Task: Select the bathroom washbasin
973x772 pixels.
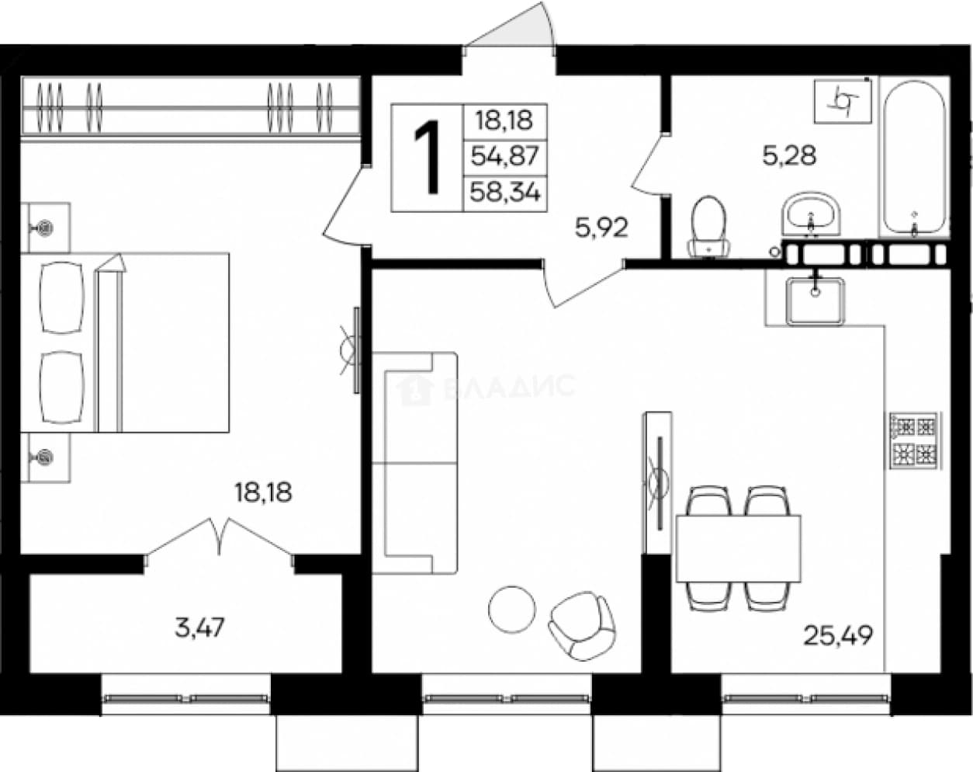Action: pos(811,214)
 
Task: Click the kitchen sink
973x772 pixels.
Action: pos(815,301)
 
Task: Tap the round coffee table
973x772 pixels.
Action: pos(512,609)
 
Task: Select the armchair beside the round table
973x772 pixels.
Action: pos(583,626)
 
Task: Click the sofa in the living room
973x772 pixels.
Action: pos(414,463)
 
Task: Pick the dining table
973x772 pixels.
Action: pos(738,548)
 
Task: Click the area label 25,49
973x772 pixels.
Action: pos(838,636)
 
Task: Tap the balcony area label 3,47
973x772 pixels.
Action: pos(199,628)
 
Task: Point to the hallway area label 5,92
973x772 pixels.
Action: pos(601,228)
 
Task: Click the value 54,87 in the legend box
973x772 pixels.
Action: pos(505,157)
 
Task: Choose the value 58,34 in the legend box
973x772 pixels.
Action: pos(505,193)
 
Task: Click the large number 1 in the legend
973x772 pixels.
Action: pos(428,157)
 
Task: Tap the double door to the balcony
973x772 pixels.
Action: pos(220,538)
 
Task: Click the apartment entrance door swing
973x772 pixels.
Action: pos(511,25)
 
